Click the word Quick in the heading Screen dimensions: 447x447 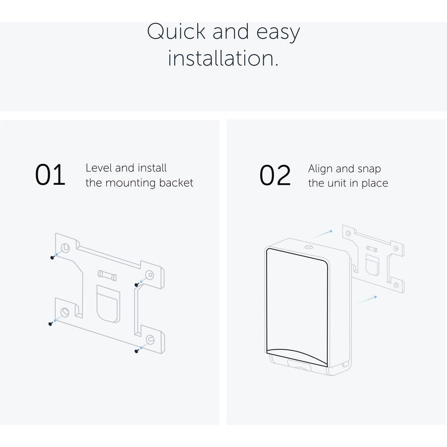click(x=176, y=31)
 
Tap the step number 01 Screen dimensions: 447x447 click(x=50, y=174)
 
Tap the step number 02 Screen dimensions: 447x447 click(x=275, y=175)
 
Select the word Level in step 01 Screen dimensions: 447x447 click(x=99, y=168)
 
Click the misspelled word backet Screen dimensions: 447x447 click(x=176, y=183)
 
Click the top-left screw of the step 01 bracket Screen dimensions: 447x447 click(x=52, y=257)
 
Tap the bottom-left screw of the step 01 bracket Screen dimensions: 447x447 click(x=51, y=324)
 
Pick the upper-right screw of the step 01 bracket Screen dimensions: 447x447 click(x=137, y=285)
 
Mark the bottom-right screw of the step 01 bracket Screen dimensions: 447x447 click(x=137, y=351)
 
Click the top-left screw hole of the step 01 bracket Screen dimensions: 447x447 click(x=65, y=248)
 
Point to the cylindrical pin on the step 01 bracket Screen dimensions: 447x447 click(x=107, y=275)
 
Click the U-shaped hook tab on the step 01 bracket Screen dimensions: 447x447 click(x=108, y=304)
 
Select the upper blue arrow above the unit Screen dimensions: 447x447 click(x=323, y=234)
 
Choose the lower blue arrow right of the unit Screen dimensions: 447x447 click(x=367, y=299)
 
